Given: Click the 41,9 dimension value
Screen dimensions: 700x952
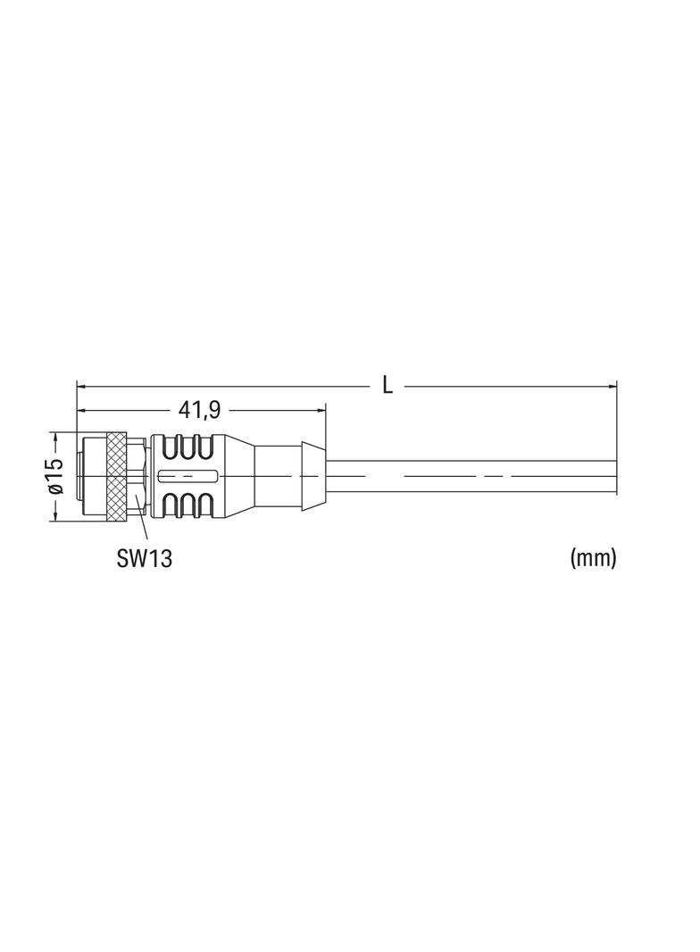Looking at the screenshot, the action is tap(198, 411).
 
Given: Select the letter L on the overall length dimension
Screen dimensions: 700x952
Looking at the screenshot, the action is tap(387, 385).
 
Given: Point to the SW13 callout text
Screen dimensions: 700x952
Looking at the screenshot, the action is tap(145, 558).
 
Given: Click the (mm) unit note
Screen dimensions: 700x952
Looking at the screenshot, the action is tap(593, 557).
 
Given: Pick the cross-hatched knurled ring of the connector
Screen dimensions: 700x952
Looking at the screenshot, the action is tap(115, 477).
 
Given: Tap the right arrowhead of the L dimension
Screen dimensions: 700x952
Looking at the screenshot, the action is tap(612, 385).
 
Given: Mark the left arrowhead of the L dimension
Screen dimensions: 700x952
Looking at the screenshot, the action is tap(82, 385).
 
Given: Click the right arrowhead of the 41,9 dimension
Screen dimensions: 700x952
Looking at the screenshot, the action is tap(321, 411).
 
